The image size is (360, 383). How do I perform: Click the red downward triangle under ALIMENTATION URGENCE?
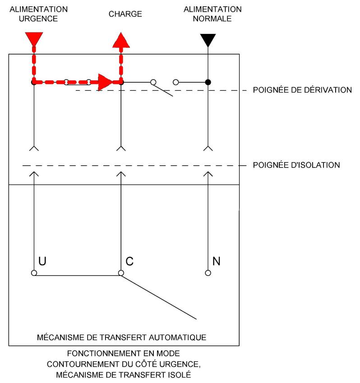pyautogui.click(x=34, y=39)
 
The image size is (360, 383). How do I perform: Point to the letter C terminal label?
pyautogui.click(x=129, y=261)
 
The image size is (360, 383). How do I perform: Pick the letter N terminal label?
pyautogui.click(x=216, y=261)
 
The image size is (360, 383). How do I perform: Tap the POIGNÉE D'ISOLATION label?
pyautogui.click(x=296, y=165)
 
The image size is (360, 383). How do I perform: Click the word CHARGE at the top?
pyautogui.click(x=125, y=14)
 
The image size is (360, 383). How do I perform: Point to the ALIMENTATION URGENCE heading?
pyautogui.click(x=39, y=14)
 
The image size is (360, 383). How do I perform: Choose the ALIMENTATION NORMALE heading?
pyautogui.click(x=212, y=14)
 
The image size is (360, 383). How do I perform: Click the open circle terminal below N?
pyautogui.click(x=208, y=273)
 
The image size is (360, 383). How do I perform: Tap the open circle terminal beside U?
pyautogui.click(x=34, y=273)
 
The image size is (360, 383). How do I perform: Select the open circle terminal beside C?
pyautogui.click(x=120, y=273)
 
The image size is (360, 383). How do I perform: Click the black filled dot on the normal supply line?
pyautogui.click(x=208, y=82)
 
